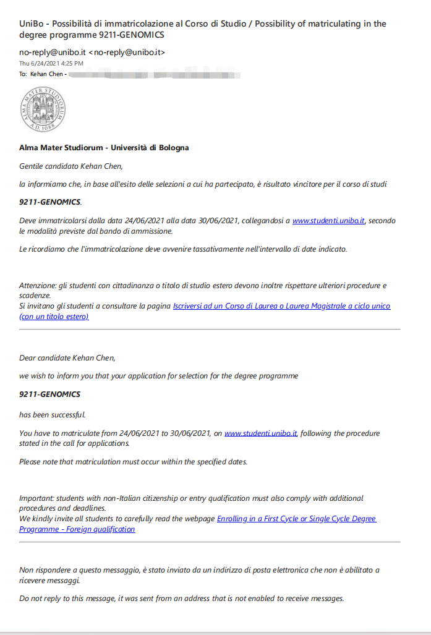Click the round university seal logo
pos(43,109)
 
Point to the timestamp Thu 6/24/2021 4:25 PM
pos(51,63)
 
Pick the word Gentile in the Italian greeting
pos(33,166)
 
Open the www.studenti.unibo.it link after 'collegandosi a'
pos(328,221)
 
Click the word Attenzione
pos(38,285)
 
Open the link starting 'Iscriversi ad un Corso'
pos(281,306)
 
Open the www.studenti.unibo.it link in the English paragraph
pos(261,433)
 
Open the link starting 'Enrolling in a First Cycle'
pos(296,518)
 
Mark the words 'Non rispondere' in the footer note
pos(44,569)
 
